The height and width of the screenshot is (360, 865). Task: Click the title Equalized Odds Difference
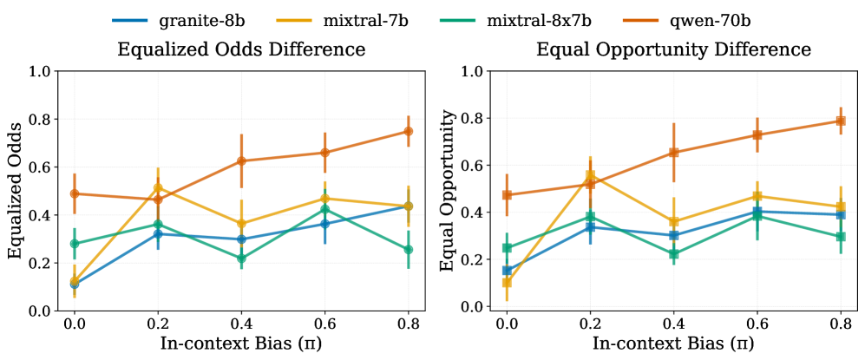[241, 49]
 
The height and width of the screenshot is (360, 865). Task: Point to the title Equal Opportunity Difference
[673, 49]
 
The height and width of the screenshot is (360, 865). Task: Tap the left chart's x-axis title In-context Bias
[241, 343]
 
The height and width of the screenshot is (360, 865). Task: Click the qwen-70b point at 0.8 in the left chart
[408, 131]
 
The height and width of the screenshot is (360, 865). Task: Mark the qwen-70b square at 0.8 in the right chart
[840, 121]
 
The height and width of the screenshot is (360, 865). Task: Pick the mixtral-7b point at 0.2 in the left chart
[158, 187]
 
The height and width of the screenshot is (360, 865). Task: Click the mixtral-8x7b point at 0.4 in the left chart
[241, 258]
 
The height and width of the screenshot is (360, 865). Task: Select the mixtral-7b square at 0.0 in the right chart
[507, 282]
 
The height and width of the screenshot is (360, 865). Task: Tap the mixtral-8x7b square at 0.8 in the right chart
[840, 237]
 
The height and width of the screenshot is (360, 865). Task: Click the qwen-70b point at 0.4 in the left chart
[241, 160]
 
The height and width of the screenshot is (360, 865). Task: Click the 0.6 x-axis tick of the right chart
[757, 323]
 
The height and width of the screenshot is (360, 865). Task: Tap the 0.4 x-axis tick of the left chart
[241, 323]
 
